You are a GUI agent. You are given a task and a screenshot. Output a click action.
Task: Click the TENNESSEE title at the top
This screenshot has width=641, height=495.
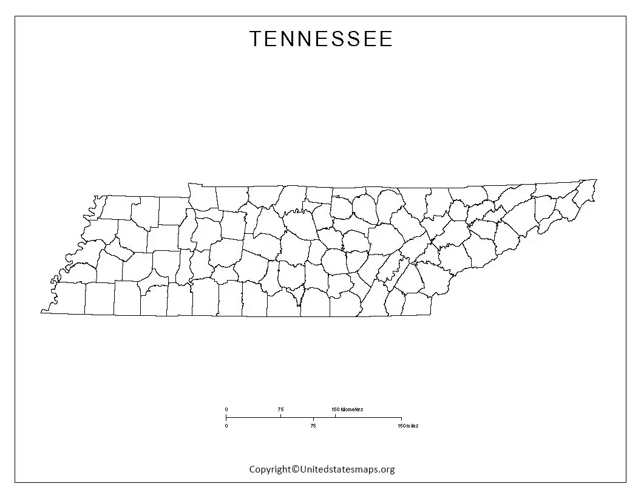point(321,39)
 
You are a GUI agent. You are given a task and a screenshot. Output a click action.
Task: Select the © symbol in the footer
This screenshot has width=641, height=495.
point(296,469)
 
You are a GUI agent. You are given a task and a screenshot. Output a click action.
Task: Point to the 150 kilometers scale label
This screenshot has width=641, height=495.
point(347,409)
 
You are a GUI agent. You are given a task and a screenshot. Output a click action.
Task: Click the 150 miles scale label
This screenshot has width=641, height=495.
point(407,426)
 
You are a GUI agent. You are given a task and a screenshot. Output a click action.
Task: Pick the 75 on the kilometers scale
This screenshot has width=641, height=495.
point(280,409)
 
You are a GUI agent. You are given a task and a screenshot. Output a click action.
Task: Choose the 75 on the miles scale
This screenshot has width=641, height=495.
point(313,426)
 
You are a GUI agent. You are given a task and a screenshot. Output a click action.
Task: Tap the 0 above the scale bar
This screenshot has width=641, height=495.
point(226,409)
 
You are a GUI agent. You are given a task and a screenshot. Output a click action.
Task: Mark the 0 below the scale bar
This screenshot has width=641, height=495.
point(226,426)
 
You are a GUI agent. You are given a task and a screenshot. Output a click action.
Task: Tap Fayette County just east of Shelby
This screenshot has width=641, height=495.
point(99,299)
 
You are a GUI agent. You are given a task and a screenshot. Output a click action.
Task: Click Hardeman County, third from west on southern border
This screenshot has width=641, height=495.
point(127,299)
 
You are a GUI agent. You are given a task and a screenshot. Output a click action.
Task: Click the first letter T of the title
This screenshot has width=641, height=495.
point(256,39)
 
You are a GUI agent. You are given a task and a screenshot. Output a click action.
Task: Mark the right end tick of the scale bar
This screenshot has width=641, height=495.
point(401,418)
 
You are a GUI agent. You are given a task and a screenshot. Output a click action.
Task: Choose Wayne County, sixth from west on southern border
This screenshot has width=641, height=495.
point(205,300)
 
